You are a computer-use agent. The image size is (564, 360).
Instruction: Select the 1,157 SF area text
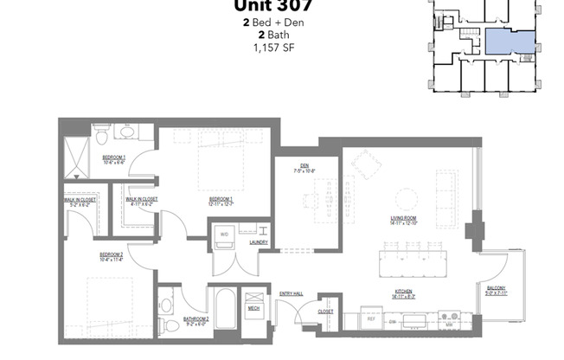point(267,48)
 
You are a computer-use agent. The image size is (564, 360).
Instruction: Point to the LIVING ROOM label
point(404,220)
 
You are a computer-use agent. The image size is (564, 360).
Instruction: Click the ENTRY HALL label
point(292,294)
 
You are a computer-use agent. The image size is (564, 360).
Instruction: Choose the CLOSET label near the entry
point(325,312)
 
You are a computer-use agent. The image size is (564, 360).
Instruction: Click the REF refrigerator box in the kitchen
point(371,318)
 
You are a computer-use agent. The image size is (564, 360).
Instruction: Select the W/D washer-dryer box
point(223,235)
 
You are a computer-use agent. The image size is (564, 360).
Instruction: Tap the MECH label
point(254,307)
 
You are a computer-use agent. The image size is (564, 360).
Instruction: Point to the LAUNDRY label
point(259,243)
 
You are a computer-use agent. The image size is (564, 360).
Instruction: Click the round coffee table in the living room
point(404,194)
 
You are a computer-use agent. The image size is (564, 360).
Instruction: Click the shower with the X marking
point(75,157)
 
